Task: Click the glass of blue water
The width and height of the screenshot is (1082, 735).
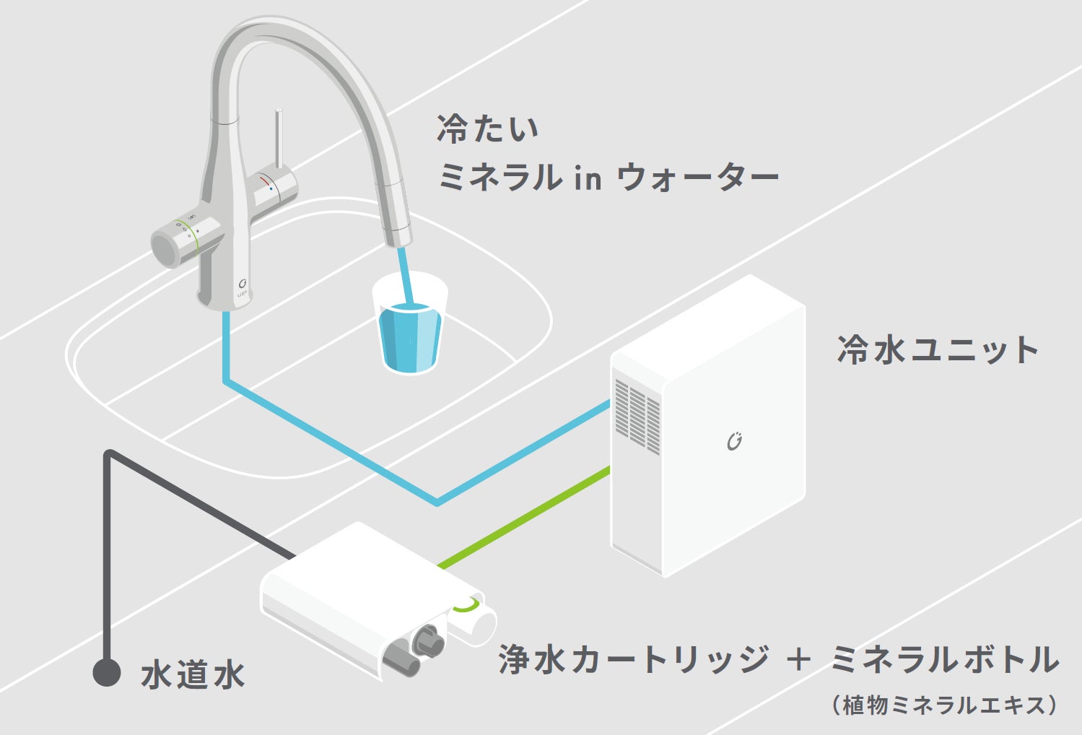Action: [410, 332]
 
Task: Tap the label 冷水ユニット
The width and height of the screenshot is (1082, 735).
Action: [937, 349]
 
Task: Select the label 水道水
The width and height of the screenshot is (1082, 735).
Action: [193, 675]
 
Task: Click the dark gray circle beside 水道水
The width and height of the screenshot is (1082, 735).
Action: [107, 673]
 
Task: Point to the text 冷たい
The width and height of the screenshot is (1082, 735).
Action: [488, 129]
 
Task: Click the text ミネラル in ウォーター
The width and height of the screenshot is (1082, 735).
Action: [608, 177]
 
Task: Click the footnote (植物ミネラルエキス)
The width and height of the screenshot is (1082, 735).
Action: [946, 705]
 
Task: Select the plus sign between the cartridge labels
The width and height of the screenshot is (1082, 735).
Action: [798, 660]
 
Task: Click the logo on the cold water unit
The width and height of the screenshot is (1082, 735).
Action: [734, 441]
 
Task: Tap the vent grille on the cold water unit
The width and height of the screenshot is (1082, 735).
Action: [637, 415]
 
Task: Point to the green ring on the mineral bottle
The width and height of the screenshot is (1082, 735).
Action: [467, 605]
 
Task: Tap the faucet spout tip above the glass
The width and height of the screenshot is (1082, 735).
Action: [397, 235]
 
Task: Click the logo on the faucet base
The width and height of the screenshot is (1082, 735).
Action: [243, 285]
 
